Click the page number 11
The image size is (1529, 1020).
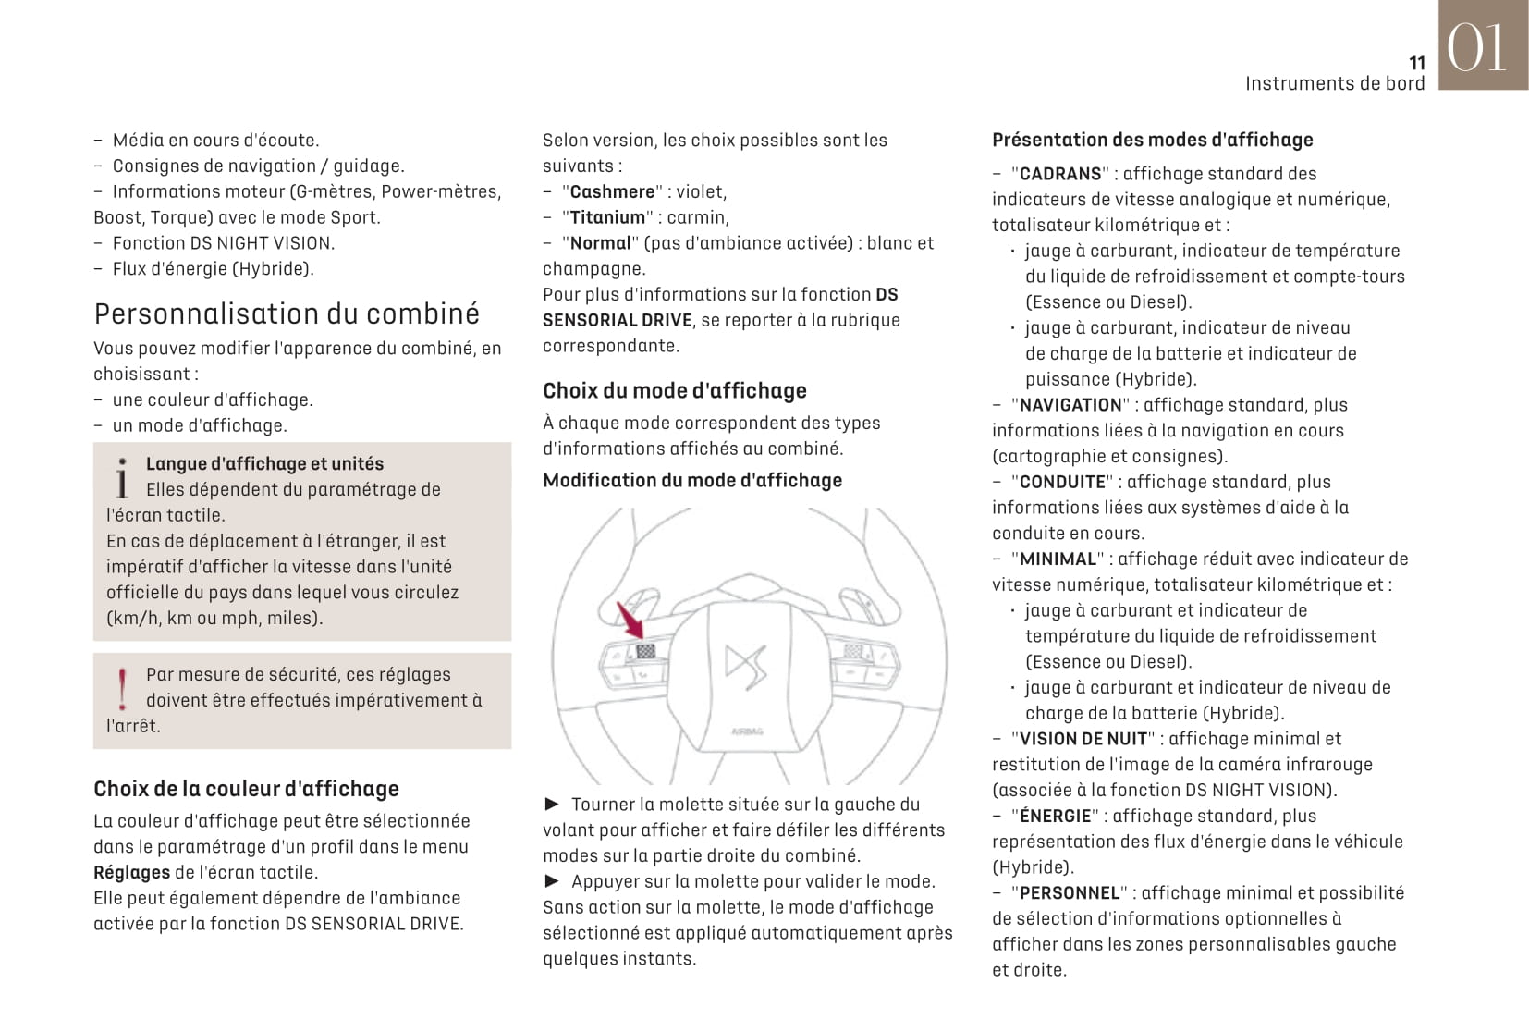[1417, 63]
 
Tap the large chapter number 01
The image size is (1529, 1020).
[1476, 48]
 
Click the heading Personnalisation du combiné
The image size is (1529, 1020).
[287, 313]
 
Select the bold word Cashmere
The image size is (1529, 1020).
[612, 191]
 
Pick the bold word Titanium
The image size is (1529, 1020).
[607, 217]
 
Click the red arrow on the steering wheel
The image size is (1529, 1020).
[631, 620]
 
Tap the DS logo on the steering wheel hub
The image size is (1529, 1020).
[745, 663]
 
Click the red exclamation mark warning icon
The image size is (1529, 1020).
[123, 689]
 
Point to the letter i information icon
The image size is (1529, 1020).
[122, 478]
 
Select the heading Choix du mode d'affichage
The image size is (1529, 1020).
[674, 390]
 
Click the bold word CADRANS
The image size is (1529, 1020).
[1060, 174]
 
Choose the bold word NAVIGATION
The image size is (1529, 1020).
[1070, 405]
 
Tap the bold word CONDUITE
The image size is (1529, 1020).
[1062, 482]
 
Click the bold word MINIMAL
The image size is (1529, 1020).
[1058, 559]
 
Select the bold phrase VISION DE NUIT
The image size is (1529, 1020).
[1083, 739]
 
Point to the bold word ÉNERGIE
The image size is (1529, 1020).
[1055, 816]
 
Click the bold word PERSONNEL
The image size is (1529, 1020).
[1070, 893]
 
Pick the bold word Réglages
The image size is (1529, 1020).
[131, 872]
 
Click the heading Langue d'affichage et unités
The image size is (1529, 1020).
[264, 463]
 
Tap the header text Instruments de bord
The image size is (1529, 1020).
[1334, 83]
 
